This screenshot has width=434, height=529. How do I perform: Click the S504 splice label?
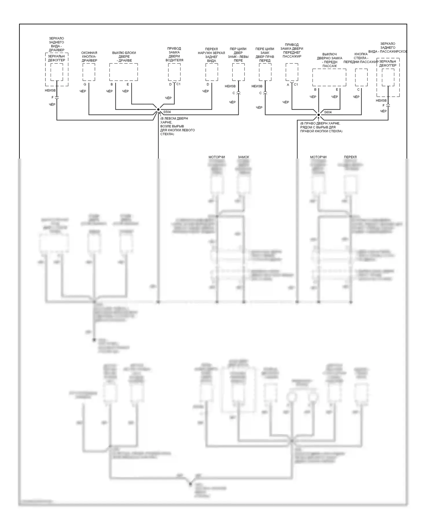pyautogui.click(x=167, y=112)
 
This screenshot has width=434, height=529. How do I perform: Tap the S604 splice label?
pyautogui.click(x=328, y=112)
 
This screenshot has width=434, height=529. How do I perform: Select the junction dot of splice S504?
pyautogui.click(x=158, y=110)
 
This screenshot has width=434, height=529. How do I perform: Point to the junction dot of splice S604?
pyautogui.click(x=319, y=115)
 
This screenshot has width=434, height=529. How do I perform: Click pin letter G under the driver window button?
pyautogui.click(x=85, y=84)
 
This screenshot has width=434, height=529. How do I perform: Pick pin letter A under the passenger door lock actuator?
pyautogui.click(x=288, y=85)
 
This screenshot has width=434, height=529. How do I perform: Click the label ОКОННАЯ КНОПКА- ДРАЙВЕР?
pyautogui.click(x=89, y=57)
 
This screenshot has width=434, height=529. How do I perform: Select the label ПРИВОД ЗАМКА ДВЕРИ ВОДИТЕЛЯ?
pyautogui.click(x=174, y=54)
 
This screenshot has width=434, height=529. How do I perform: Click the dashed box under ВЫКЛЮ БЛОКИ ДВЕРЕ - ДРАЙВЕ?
pyautogui.click(x=124, y=72)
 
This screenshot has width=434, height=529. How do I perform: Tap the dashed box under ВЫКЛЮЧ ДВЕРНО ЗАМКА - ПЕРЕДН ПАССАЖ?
pyautogui.click(x=329, y=77)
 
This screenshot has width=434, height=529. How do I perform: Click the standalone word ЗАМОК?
pyautogui.click(x=243, y=157)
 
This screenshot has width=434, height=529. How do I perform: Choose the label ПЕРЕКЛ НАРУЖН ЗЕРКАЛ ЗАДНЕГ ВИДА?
pyautogui.click(x=212, y=55)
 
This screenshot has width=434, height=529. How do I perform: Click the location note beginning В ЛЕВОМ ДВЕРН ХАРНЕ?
pyautogui.click(x=177, y=126)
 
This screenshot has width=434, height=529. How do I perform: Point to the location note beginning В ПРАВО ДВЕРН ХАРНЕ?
pyautogui.click(x=321, y=127)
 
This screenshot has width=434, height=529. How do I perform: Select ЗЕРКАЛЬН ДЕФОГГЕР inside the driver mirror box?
pyautogui.click(x=57, y=58)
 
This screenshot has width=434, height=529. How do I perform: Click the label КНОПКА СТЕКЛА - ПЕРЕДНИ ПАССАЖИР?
pyautogui.click(x=361, y=58)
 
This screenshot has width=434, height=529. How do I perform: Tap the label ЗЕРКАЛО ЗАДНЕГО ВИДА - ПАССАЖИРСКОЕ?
pyautogui.click(x=388, y=48)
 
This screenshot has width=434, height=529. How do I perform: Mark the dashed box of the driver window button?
pyautogui.click(x=89, y=72)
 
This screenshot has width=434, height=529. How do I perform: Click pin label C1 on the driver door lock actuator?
pyautogui.click(x=178, y=84)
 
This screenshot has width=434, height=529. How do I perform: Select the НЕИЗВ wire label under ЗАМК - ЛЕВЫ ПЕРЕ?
pyautogui.click(x=230, y=86)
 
